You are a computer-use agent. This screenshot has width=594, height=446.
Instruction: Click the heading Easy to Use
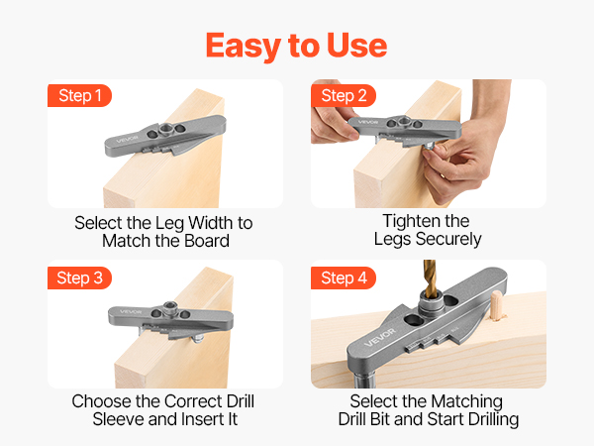296,47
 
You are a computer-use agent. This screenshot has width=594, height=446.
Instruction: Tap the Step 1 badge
79,95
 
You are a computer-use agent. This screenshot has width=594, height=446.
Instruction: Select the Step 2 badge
344,95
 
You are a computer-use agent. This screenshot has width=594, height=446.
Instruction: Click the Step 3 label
79,278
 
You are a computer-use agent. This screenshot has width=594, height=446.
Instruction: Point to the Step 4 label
344,278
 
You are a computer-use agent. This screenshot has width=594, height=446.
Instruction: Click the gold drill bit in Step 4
430,279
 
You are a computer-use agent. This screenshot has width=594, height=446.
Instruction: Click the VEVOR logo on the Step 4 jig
380,337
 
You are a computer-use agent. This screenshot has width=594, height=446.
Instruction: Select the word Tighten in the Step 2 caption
408,221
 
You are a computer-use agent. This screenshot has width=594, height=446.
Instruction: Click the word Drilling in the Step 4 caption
494,419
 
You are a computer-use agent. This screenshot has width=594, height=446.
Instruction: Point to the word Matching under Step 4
466,401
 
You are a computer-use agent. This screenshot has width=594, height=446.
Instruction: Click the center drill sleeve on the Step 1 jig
165,129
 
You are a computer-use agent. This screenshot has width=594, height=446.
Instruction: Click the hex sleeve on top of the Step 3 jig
170,307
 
